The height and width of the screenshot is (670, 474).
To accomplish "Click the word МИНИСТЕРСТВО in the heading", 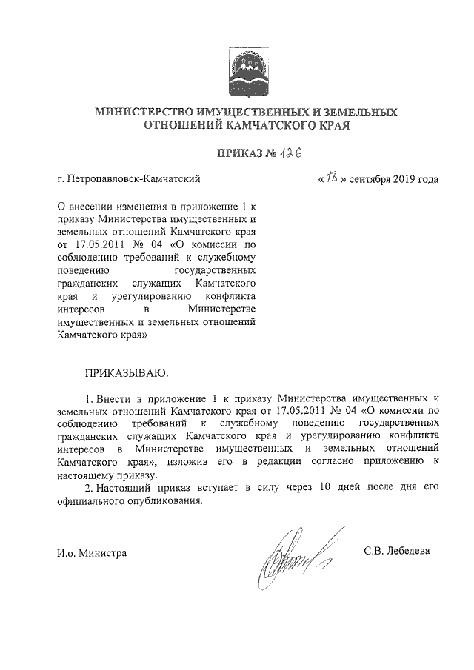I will [x=141, y=113].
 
